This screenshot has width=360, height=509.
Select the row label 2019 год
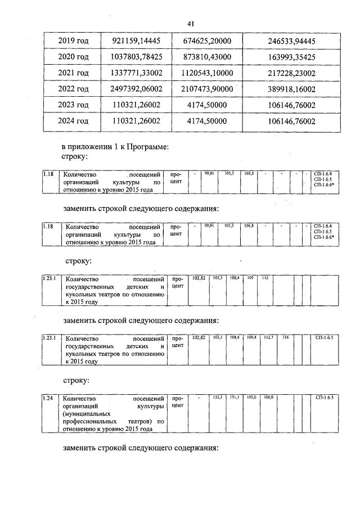click(x=74, y=40)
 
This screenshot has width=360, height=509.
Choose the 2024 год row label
click(x=74, y=121)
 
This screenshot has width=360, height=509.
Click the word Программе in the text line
click(x=143, y=147)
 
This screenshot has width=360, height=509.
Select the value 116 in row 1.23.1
click(x=285, y=337)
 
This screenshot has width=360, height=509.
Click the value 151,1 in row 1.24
click(x=235, y=397)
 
